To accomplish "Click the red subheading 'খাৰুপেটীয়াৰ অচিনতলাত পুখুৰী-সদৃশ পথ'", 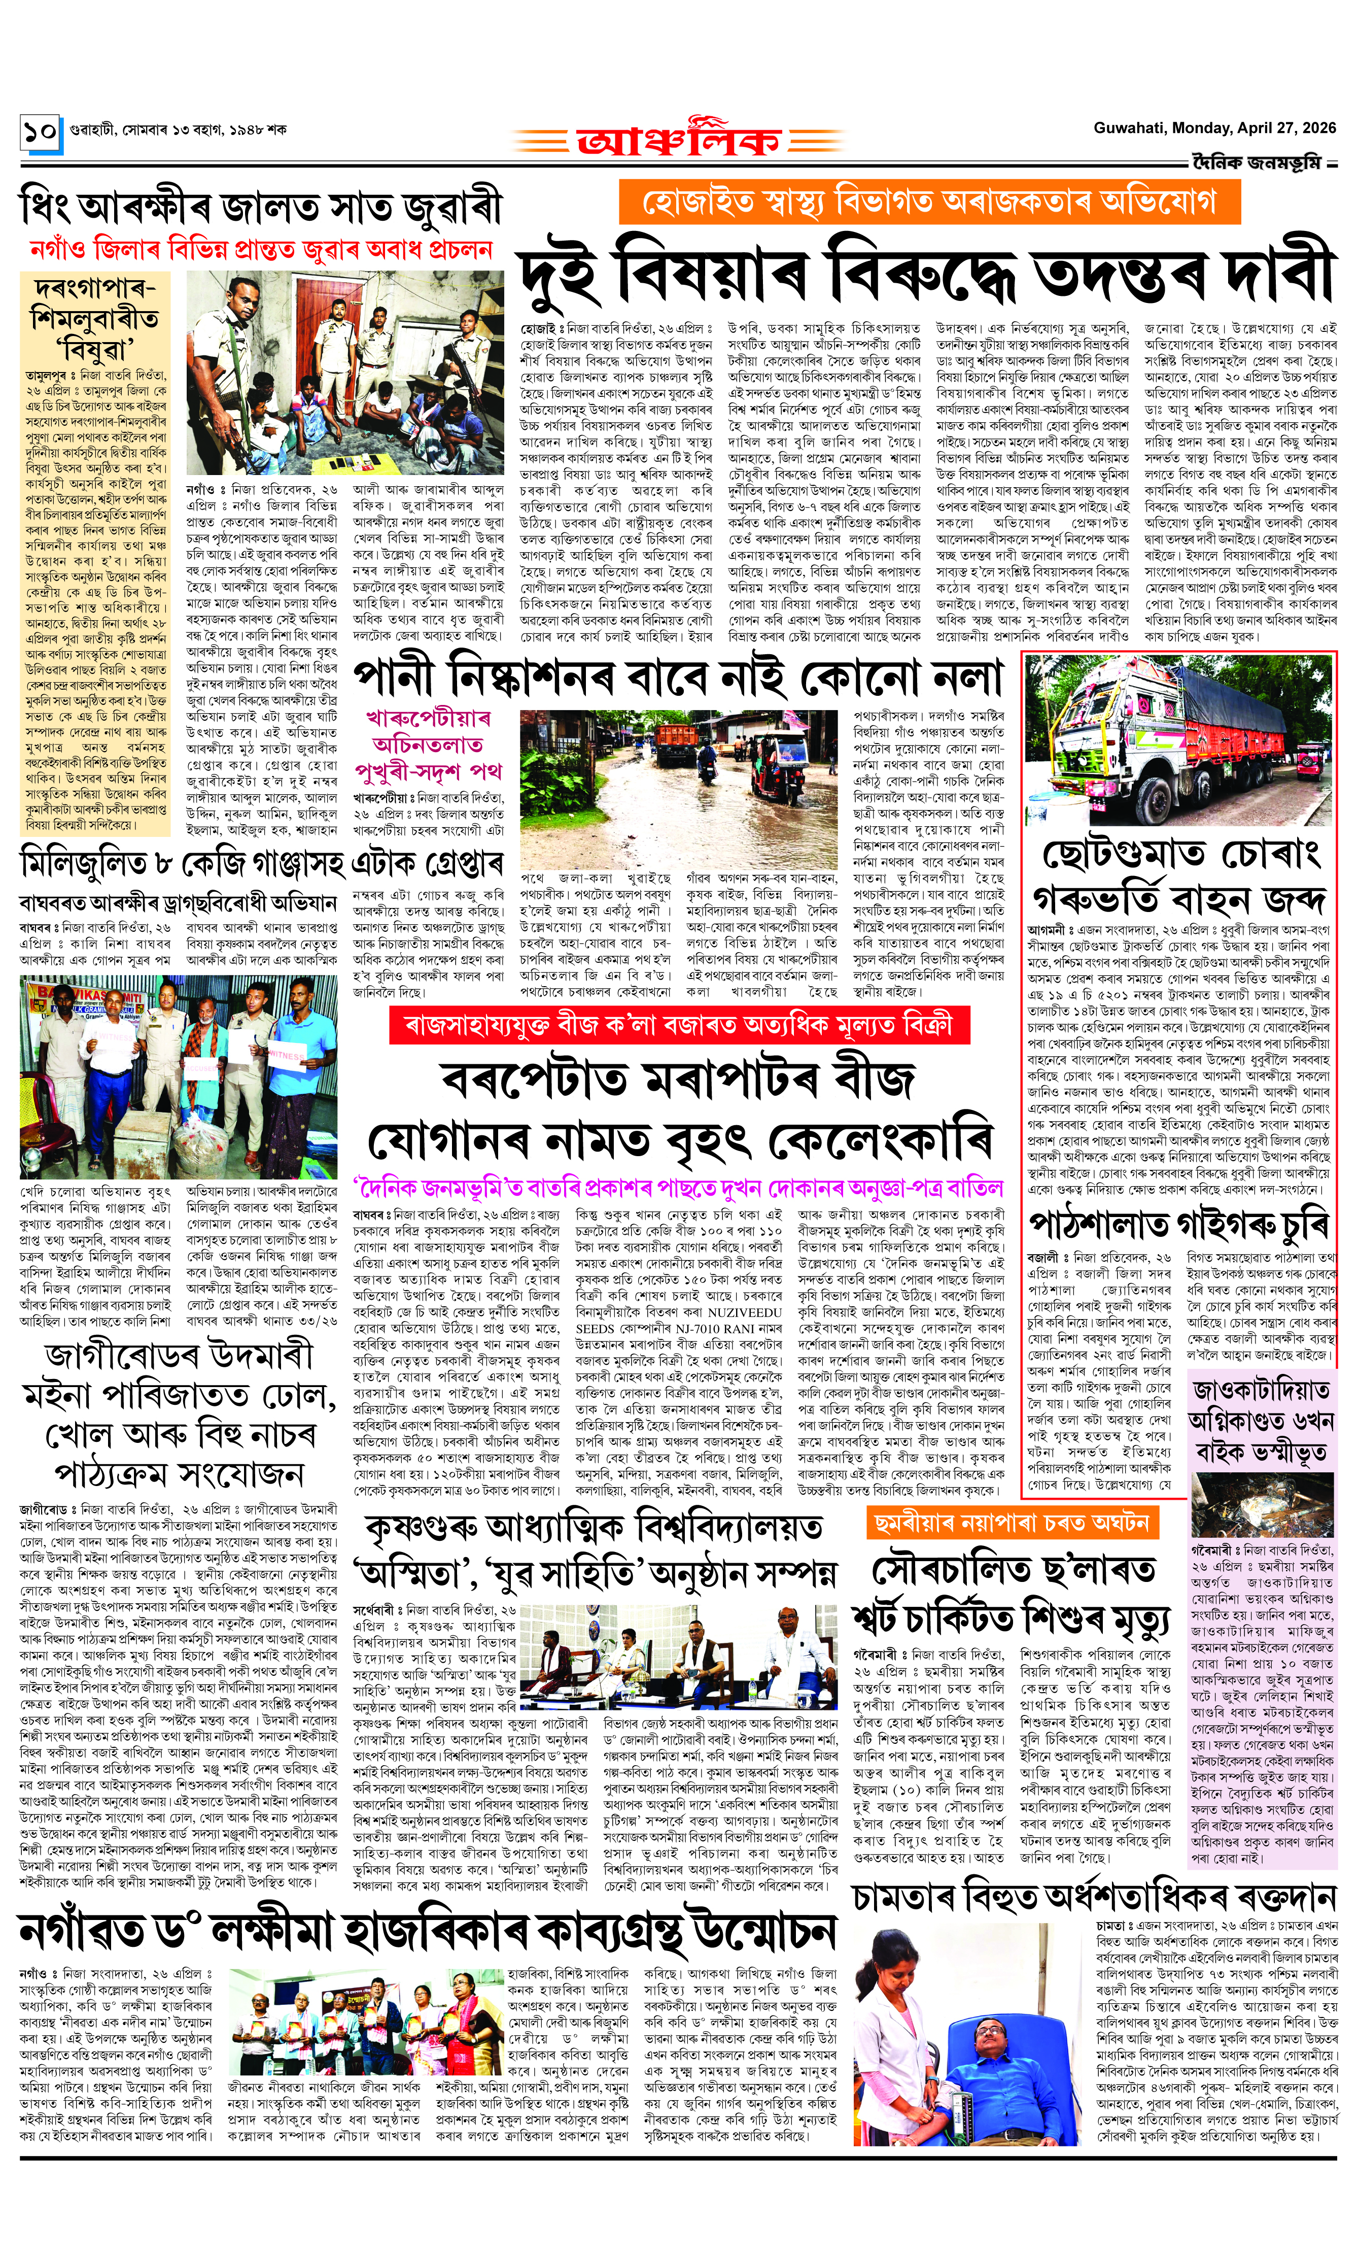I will (429, 744).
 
